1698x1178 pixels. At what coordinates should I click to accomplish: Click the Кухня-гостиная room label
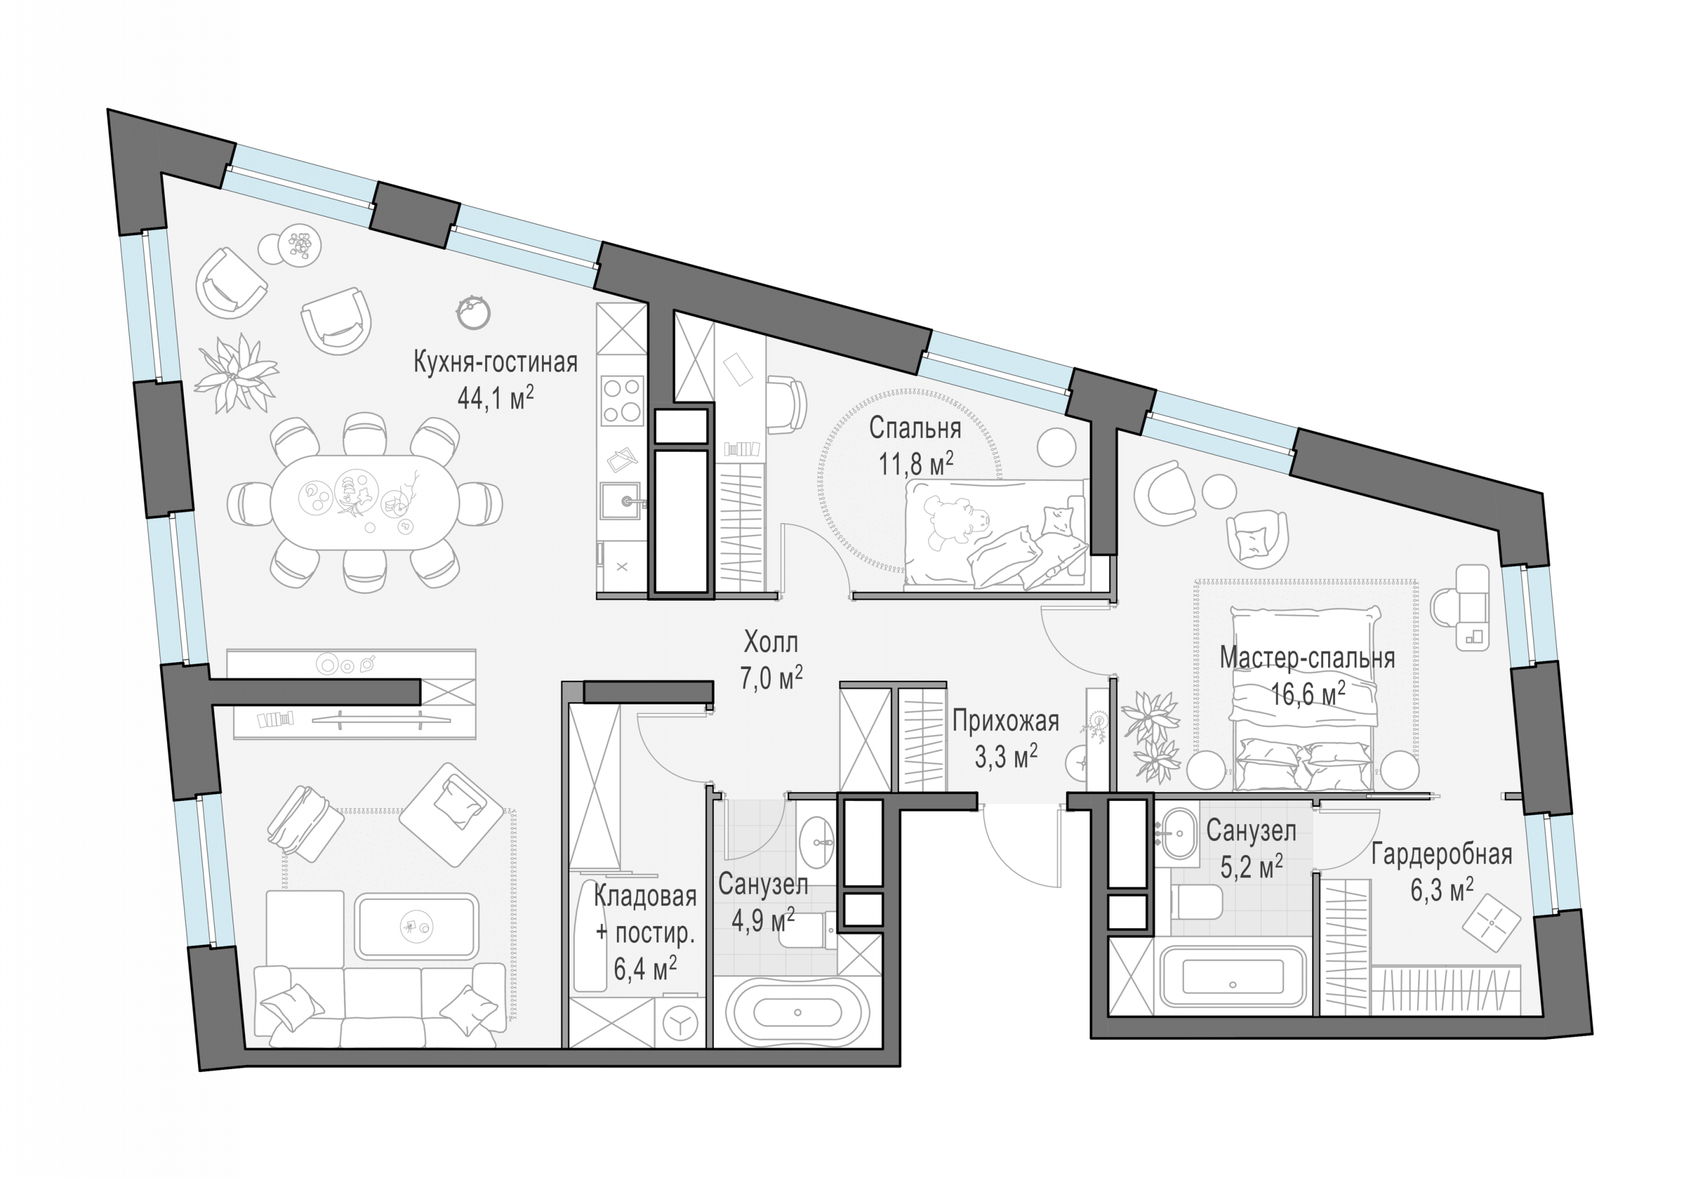pos(495,363)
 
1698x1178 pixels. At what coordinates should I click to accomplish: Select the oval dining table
pos(365,502)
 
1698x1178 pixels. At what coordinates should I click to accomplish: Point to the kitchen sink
pos(620,501)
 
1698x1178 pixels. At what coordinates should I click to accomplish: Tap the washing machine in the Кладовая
pos(680,1023)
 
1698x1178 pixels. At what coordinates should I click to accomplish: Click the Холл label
pos(770,643)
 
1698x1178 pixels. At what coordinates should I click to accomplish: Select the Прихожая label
pos(1005,721)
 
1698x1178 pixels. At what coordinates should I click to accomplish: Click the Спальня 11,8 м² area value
pos(916,464)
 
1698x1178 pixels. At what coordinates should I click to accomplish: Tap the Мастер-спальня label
pos(1307,658)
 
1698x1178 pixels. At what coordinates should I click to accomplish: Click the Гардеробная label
pos(1441,855)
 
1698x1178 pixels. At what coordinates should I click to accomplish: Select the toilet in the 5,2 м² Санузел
pos(1196,903)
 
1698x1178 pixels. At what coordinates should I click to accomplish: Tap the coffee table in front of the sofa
pos(417,926)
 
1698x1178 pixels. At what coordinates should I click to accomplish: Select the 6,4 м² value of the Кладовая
pos(645,968)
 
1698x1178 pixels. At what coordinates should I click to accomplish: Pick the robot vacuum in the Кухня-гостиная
pos(473,312)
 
